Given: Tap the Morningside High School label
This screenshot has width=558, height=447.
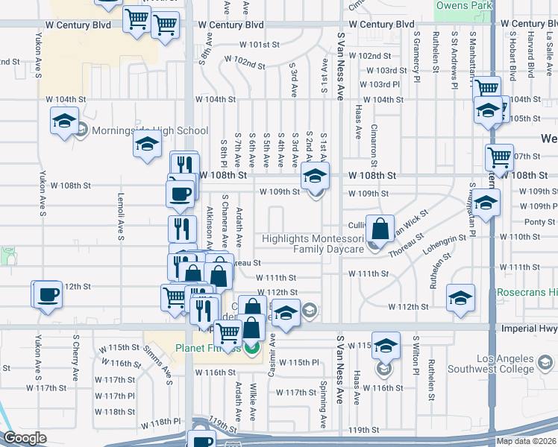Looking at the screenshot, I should point(149,131).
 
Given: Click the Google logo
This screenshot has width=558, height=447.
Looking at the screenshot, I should point(25,438).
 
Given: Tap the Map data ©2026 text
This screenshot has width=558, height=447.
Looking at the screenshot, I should point(526,441).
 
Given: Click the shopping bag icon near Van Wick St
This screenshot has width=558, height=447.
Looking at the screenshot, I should point(380,227).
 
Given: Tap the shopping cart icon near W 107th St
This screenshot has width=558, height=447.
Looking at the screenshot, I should point(499,157).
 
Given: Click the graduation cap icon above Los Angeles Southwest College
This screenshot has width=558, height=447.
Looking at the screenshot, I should point(386,346).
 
